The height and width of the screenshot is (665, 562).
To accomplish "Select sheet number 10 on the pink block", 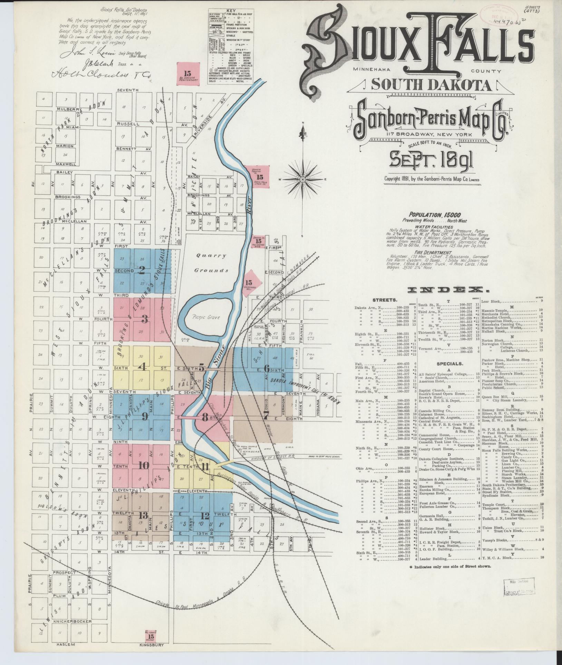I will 144,466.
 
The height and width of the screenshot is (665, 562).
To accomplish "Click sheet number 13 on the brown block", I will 143,516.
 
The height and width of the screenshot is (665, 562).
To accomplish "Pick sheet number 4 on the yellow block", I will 142,367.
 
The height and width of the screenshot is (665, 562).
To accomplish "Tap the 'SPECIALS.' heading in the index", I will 448,364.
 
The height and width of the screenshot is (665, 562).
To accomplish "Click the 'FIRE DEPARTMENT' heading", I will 430,253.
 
